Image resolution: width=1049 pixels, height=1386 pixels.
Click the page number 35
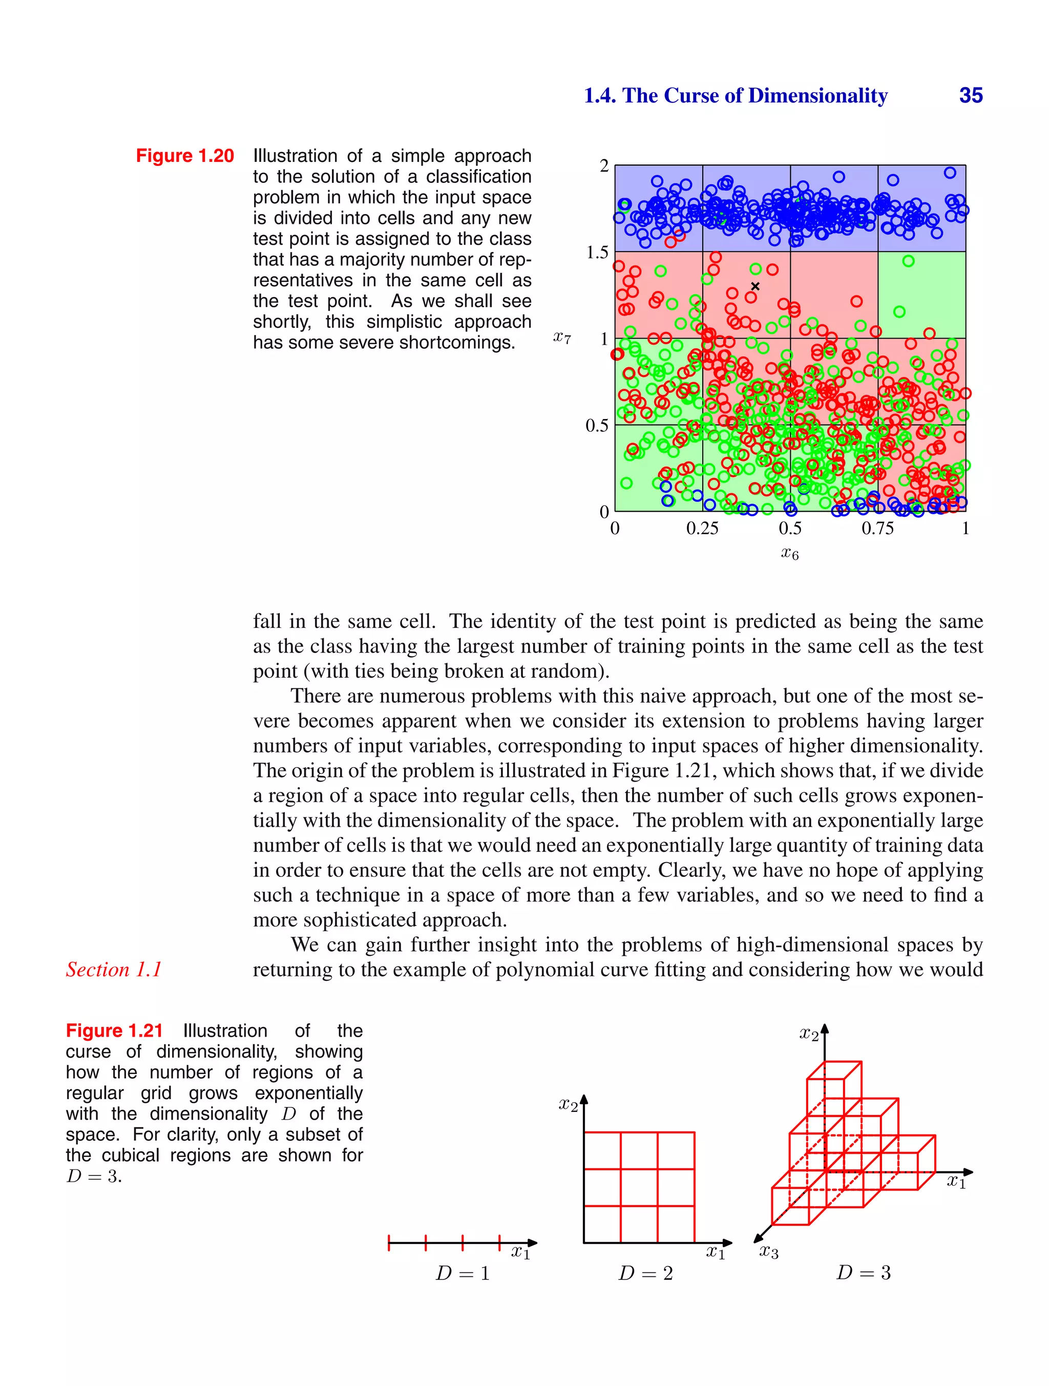[970, 95]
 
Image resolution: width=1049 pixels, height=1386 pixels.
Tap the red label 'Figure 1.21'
[114, 1030]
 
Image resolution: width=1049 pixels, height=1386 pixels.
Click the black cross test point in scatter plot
[755, 286]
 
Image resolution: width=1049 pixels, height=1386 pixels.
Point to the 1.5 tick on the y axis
[597, 253]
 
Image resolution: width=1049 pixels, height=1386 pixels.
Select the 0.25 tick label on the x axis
[702, 528]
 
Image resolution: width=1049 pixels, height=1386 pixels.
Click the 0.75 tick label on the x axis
[877, 528]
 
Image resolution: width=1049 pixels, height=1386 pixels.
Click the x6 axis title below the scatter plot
[790, 553]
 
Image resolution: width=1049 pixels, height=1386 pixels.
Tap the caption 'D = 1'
[463, 1273]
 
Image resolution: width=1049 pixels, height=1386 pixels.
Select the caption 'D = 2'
[645, 1273]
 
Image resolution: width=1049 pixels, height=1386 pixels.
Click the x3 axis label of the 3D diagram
[768, 1252]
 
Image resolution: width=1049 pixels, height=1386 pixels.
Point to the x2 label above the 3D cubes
[809, 1035]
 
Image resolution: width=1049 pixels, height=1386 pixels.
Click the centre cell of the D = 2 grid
[639, 1187]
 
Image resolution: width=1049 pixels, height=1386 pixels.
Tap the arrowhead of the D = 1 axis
[533, 1243]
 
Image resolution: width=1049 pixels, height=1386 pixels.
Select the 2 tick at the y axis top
[604, 166]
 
